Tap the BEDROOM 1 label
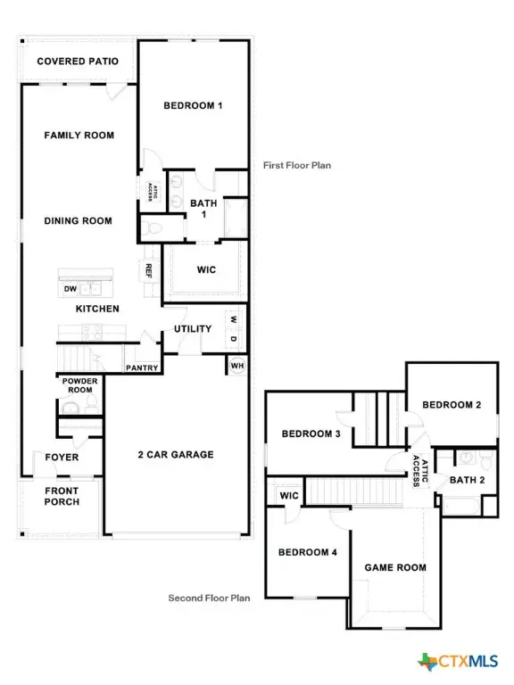point(193,106)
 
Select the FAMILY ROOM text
point(79,136)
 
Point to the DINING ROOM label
point(79,220)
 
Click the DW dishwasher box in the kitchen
point(70,288)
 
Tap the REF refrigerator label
point(149,269)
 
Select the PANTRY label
point(142,367)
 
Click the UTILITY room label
point(193,329)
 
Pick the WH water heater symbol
point(236,366)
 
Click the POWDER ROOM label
point(79,385)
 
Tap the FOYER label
point(62,458)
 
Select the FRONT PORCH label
point(62,496)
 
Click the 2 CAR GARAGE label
point(175,455)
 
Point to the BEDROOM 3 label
point(311,434)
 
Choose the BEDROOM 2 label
point(452,405)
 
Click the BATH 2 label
point(468,481)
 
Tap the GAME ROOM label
point(395,567)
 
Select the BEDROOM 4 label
point(307,552)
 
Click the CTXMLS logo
point(456,661)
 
